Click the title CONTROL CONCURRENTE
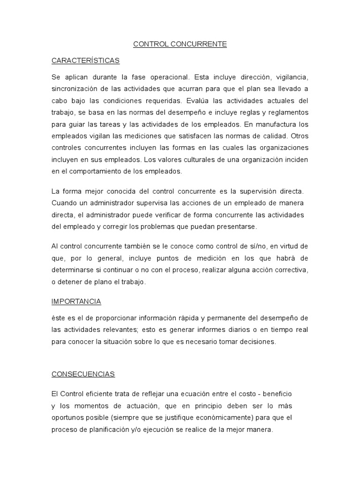[180, 44]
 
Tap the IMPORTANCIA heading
[76, 301]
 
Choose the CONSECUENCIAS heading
[83, 374]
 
